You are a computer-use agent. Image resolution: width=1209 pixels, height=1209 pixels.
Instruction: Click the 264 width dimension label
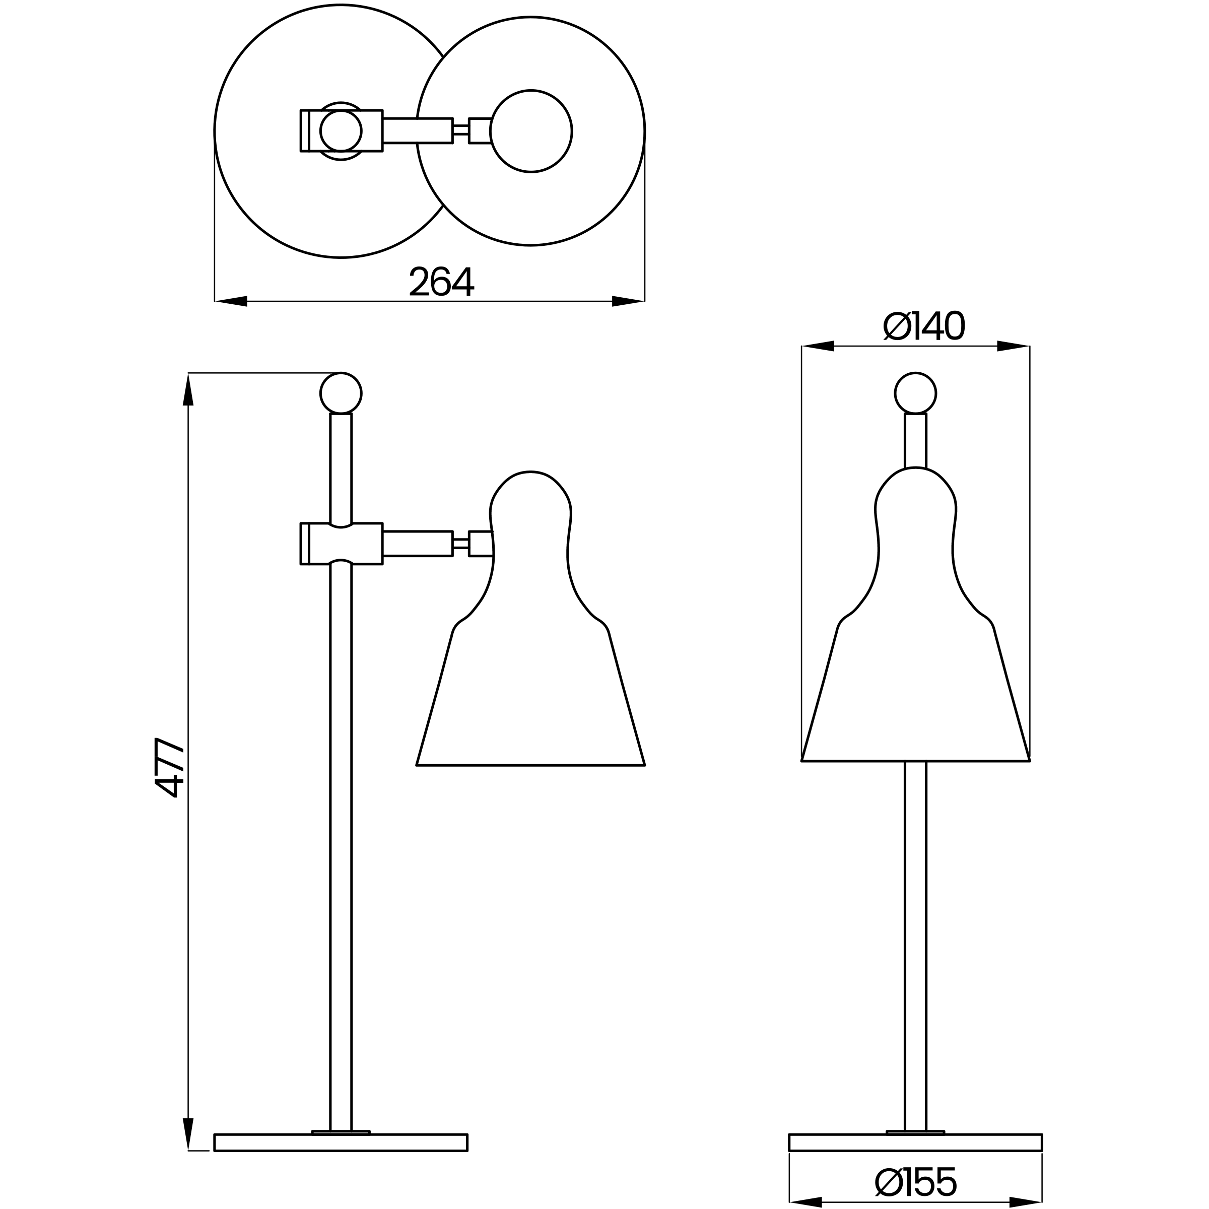click(x=442, y=281)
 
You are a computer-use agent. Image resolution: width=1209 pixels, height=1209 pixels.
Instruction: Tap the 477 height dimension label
click(x=169, y=767)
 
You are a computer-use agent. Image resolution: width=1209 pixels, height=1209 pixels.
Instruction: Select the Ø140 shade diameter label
click(x=924, y=325)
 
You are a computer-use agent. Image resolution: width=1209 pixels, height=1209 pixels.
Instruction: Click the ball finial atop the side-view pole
click(x=341, y=393)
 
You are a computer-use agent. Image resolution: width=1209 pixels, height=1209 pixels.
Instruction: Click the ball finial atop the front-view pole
click(x=915, y=393)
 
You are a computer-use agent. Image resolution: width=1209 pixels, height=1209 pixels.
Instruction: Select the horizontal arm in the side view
click(x=418, y=543)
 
